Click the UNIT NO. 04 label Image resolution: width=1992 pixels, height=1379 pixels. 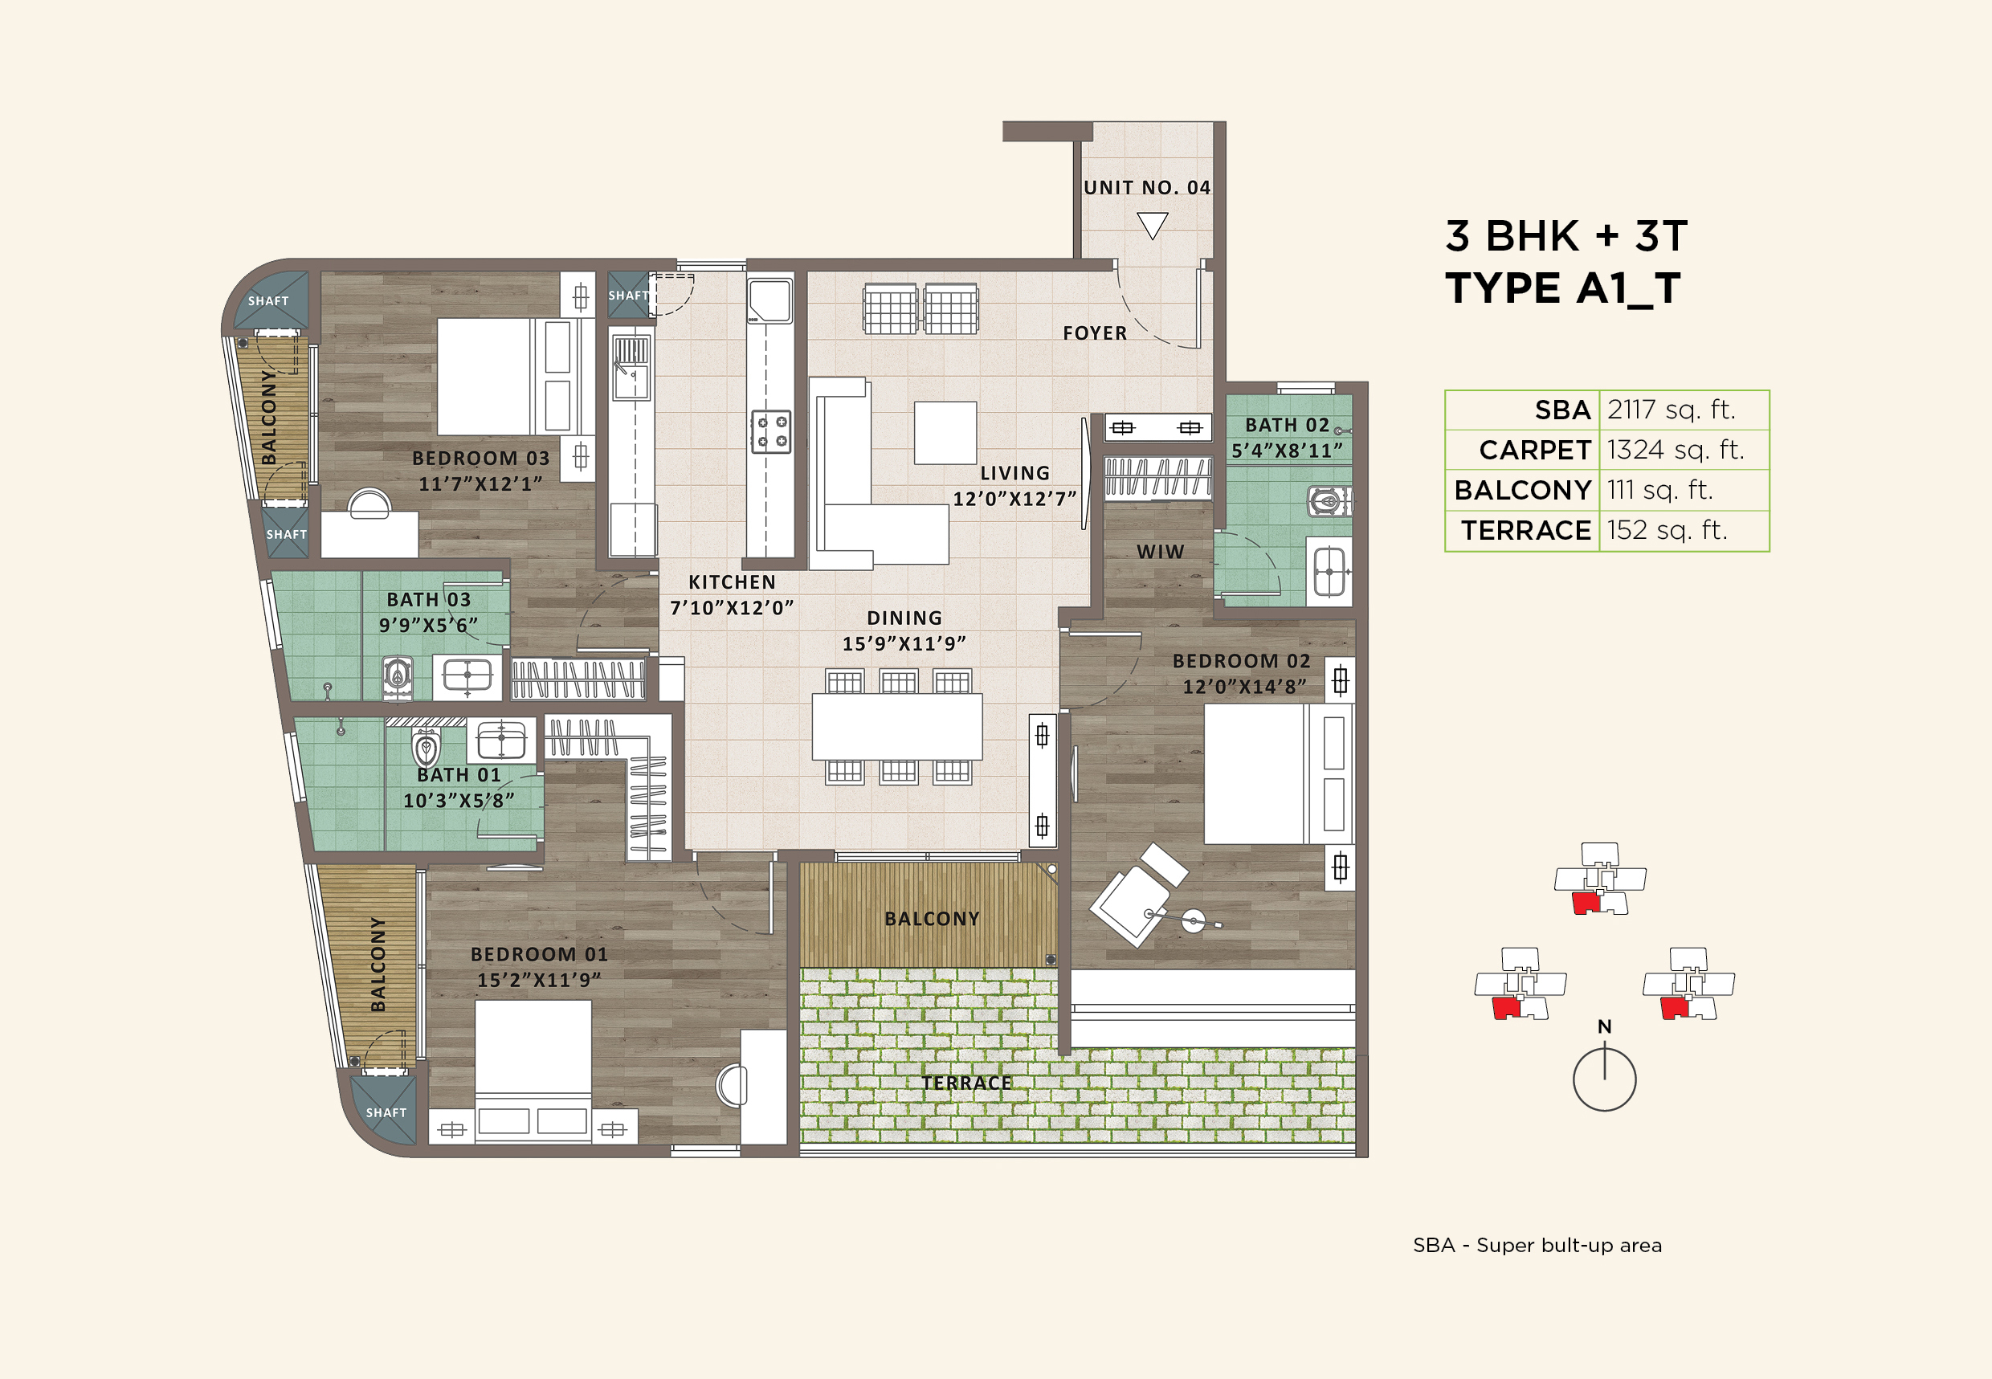1147,187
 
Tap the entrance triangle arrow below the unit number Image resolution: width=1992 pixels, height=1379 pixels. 1152,225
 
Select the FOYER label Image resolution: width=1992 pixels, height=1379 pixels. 1095,333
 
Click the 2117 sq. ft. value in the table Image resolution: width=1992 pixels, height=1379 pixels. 1671,410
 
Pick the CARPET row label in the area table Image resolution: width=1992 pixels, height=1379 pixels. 1534,450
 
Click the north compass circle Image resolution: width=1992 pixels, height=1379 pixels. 1604,1079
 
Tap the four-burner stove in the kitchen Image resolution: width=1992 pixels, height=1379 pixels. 770,431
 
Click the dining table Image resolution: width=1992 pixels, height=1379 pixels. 896,726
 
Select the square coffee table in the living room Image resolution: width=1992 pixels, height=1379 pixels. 945,432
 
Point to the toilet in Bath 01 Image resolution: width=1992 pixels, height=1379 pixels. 425,745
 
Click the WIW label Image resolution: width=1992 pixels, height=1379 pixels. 1160,552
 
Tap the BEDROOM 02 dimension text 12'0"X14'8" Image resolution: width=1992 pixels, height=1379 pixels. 1243,687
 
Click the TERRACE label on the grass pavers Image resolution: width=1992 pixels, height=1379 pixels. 965,1083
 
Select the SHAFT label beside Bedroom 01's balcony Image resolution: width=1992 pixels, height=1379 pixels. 386,1113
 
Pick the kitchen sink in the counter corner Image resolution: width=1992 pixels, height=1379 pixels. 769,300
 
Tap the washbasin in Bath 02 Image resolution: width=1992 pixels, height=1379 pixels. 1329,570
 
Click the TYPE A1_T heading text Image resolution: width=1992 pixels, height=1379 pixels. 1562,288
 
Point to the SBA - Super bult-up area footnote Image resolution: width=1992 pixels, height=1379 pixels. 1537,1245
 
